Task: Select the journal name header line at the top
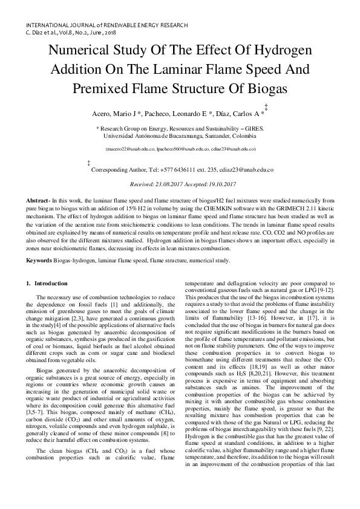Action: [x=106, y=25]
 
